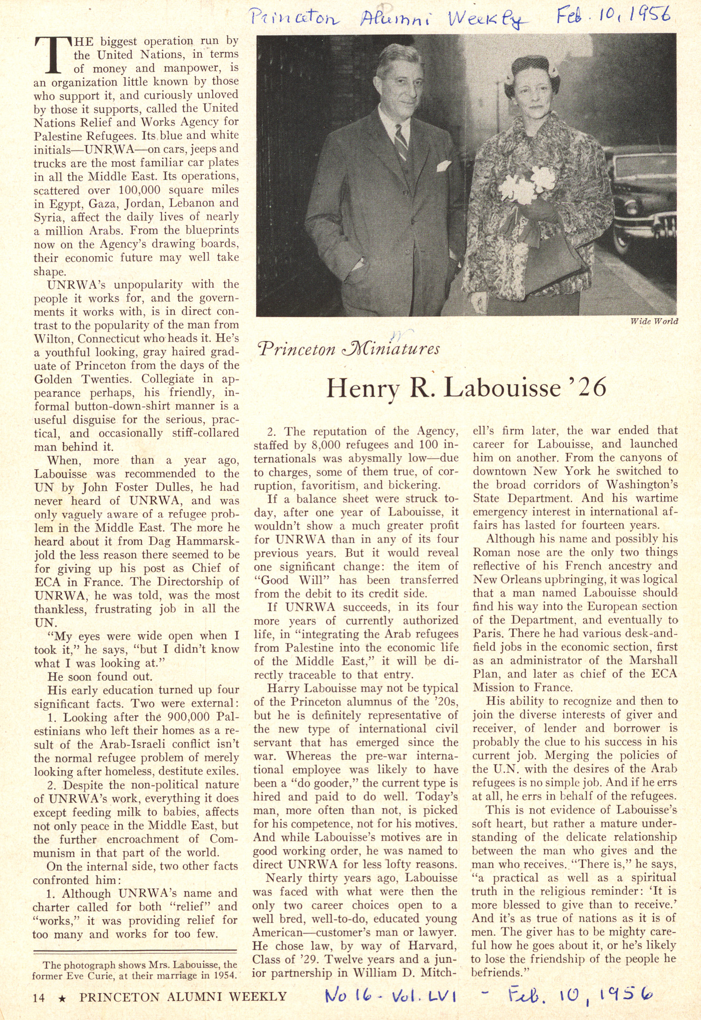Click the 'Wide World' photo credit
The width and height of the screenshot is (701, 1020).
pos(654,321)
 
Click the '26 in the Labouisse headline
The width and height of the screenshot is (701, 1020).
pos(588,387)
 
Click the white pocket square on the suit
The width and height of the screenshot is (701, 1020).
pos(443,166)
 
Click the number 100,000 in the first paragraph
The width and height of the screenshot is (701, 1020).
pos(140,190)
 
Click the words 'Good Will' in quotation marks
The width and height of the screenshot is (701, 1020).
pos(294,580)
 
